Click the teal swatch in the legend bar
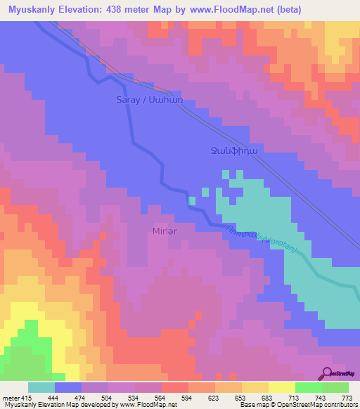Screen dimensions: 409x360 point(41,387)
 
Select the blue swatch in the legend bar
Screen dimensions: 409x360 point(68,387)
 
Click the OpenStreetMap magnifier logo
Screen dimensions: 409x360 point(328,372)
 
